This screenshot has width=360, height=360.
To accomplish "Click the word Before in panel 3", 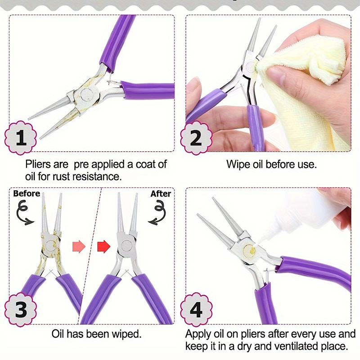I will (27, 194).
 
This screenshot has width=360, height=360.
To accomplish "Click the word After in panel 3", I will (161, 194).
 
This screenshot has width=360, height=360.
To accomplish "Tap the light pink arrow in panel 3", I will (78, 246).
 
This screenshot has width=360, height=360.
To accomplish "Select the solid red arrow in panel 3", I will (104, 246).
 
